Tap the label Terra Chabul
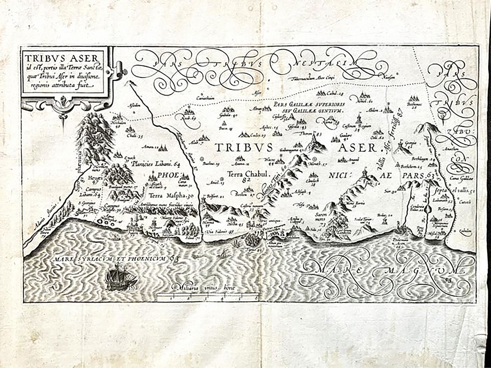click(248, 174)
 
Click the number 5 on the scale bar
click(238, 297)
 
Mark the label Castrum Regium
click(360, 126)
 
